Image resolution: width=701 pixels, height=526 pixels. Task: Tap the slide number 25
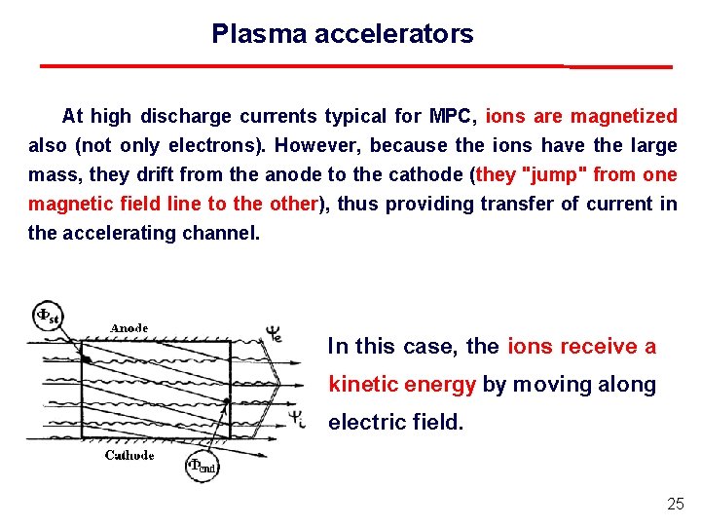click(676, 504)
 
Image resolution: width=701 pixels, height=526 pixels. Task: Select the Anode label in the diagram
click(129, 328)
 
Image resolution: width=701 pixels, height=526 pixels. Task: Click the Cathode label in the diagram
click(129, 456)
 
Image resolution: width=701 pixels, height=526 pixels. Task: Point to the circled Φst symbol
click(46, 316)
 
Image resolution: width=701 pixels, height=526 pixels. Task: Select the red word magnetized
click(624, 117)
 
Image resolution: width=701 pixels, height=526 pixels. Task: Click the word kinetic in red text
click(366, 385)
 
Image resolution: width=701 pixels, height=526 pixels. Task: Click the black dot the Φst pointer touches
click(87, 359)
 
